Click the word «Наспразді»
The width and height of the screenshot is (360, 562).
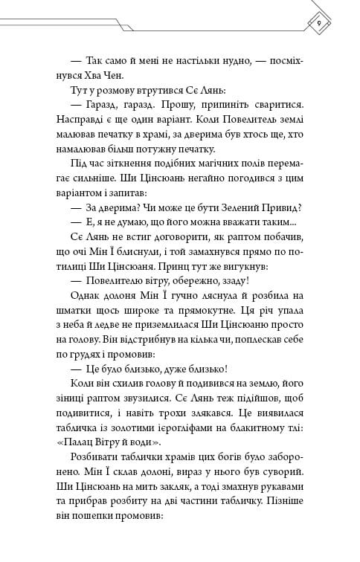(87, 125)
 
